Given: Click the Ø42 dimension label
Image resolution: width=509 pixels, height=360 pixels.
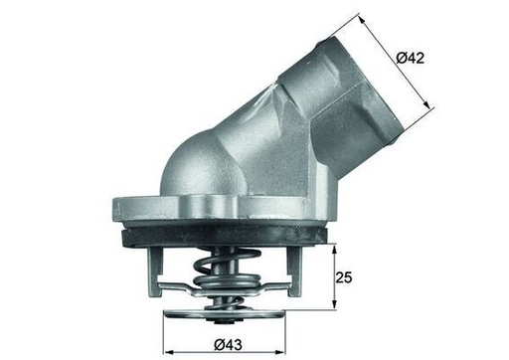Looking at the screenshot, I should (411, 59).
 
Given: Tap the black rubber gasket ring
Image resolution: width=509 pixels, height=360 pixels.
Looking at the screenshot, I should (229, 237).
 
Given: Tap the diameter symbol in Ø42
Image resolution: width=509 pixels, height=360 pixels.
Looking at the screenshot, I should (402, 59).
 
